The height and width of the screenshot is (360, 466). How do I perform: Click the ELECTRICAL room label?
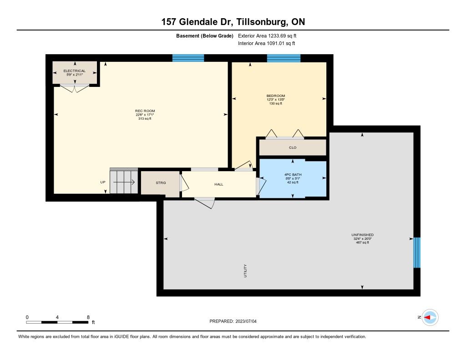[x=74, y=71]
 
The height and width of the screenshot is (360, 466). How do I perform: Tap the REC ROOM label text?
[x=145, y=111]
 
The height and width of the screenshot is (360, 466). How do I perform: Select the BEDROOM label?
[x=276, y=96]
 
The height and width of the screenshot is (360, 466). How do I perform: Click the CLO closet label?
[x=293, y=147]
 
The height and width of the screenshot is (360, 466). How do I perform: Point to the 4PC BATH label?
[x=293, y=174]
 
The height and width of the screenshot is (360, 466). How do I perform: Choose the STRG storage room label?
[x=161, y=183]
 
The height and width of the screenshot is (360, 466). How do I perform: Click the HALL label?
[x=219, y=184]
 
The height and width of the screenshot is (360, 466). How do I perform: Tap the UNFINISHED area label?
[x=363, y=235]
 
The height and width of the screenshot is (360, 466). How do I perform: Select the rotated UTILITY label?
[x=245, y=271]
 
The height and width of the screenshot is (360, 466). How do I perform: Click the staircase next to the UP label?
[x=124, y=181]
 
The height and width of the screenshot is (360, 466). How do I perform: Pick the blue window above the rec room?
[x=188, y=58]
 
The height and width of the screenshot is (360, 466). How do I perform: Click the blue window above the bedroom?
[x=284, y=58]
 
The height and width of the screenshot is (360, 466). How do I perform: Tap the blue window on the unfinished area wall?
[x=417, y=253]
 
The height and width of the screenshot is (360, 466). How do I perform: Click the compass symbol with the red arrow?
[x=430, y=318]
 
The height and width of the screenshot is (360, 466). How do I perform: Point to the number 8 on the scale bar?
[x=88, y=317]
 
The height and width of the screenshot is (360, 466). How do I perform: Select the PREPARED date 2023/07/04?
[x=246, y=321]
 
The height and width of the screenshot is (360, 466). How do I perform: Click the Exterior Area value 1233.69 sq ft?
[x=282, y=35]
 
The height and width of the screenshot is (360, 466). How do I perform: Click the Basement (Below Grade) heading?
[x=205, y=36]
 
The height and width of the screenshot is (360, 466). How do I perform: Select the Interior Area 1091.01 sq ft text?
[x=267, y=43]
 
